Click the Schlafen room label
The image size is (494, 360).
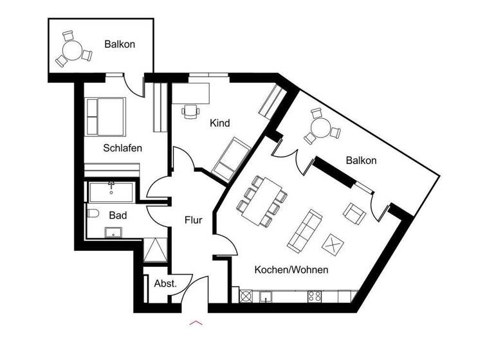coord(122,148)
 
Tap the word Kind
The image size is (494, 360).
coord(220,123)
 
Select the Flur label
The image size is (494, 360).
coord(193,220)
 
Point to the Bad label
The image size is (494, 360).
coord(118,215)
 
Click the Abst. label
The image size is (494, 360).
coord(165,283)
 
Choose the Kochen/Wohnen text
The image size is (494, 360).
coord(291,270)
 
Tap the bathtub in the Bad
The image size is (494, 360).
coord(111,192)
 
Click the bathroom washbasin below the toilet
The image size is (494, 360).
coord(114,232)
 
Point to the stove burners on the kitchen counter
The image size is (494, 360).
coord(315,296)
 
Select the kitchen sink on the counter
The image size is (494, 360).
coord(265,296)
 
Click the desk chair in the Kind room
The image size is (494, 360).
coord(190,112)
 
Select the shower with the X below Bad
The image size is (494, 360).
coord(156,249)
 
